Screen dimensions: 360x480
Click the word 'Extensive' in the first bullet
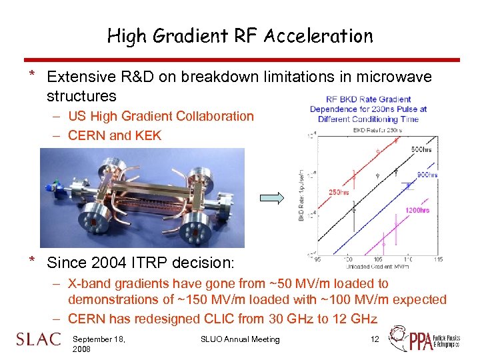[79, 77]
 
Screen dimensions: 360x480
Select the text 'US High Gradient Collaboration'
[161, 117]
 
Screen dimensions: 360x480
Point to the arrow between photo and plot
[273, 197]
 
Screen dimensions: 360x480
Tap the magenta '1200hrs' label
[417, 211]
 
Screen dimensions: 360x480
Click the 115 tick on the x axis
[438, 259]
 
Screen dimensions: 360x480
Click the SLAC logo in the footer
[38, 339]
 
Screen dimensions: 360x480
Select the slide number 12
[375, 339]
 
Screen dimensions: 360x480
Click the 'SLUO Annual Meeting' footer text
[240, 339]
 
